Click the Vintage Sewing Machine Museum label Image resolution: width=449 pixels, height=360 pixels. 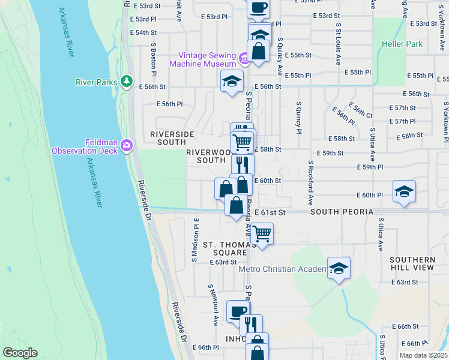click(202, 59)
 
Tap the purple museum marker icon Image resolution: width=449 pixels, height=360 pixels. click(244, 59)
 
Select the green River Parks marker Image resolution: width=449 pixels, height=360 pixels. click(126, 82)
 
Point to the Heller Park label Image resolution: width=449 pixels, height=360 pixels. click(402, 44)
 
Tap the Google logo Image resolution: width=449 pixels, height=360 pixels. click(20, 353)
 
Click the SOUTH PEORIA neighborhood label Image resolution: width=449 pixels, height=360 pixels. click(342, 212)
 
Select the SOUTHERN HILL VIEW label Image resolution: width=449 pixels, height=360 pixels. click(411, 264)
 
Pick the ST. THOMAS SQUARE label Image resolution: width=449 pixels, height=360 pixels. click(225, 249)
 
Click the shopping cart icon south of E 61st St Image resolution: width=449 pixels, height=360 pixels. click(262, 232)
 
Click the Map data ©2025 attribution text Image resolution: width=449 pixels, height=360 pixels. click(423, 355)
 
